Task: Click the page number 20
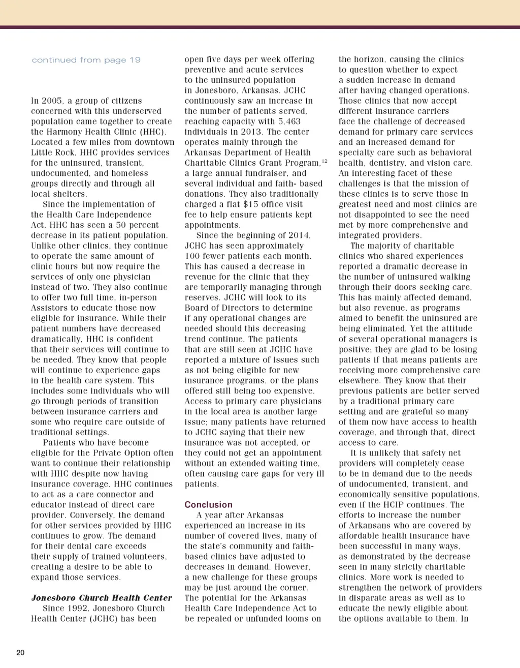(20, 653)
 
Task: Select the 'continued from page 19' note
(86, 60)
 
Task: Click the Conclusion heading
(208, 505)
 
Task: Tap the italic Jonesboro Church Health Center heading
(102, 598)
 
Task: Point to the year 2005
(53, 101)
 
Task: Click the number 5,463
(288, 122)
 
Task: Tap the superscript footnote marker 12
(324, 161)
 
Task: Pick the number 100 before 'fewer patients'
(193, 256)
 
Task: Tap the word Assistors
(52, 308)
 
